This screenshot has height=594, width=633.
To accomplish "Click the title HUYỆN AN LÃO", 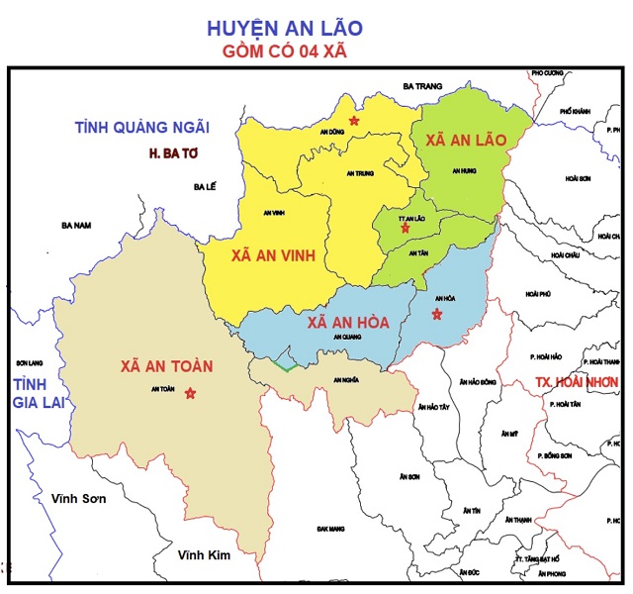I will [316, 29].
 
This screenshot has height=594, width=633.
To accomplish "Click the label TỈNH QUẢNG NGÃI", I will [142, 127].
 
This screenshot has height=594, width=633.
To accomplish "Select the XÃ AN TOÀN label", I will [167, 365].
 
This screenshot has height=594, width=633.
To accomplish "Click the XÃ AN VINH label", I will [273, 255].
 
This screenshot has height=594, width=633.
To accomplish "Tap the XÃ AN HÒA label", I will [347, 322].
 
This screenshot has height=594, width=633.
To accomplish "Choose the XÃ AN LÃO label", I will [466, 143].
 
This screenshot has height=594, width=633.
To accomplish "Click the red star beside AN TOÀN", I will [191, 393].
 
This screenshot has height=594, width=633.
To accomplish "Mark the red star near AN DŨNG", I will [355, 120].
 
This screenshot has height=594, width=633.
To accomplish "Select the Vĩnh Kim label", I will [204, 555].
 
